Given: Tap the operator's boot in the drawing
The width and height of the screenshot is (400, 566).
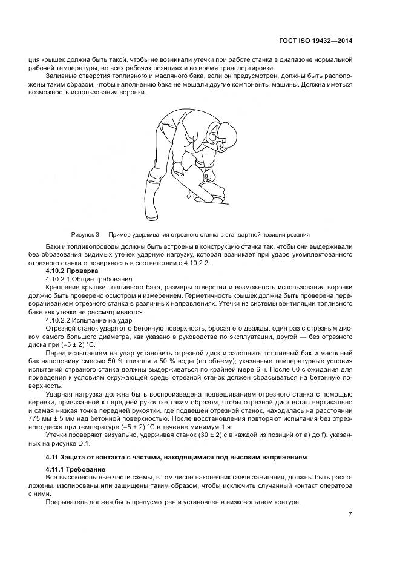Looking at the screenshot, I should point(150,197).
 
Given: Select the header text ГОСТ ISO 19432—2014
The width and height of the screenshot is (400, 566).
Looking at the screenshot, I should point(315,41).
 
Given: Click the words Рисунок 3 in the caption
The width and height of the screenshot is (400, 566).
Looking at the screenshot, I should point(85,234).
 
